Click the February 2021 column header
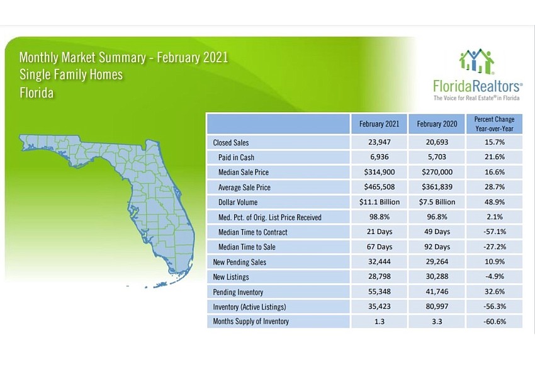[379, 124]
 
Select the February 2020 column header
[437, 124]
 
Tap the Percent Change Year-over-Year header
[494, 124]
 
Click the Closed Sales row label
[230, 143]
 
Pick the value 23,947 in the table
[379, 142]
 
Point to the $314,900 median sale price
[379, 172]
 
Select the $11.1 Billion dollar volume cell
[379, 202]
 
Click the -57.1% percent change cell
[494, 232]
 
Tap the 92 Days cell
[437, 247]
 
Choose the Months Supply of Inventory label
[251, 322]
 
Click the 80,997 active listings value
[437, 306]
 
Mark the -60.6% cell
[494, 322]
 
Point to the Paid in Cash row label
[236, 157]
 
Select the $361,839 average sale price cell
[437, 187]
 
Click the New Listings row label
[230, 277]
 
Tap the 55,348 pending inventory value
[379, 291]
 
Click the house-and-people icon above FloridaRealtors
[476, 62]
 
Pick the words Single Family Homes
[71, 75]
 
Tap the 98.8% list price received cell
[379, 216]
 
